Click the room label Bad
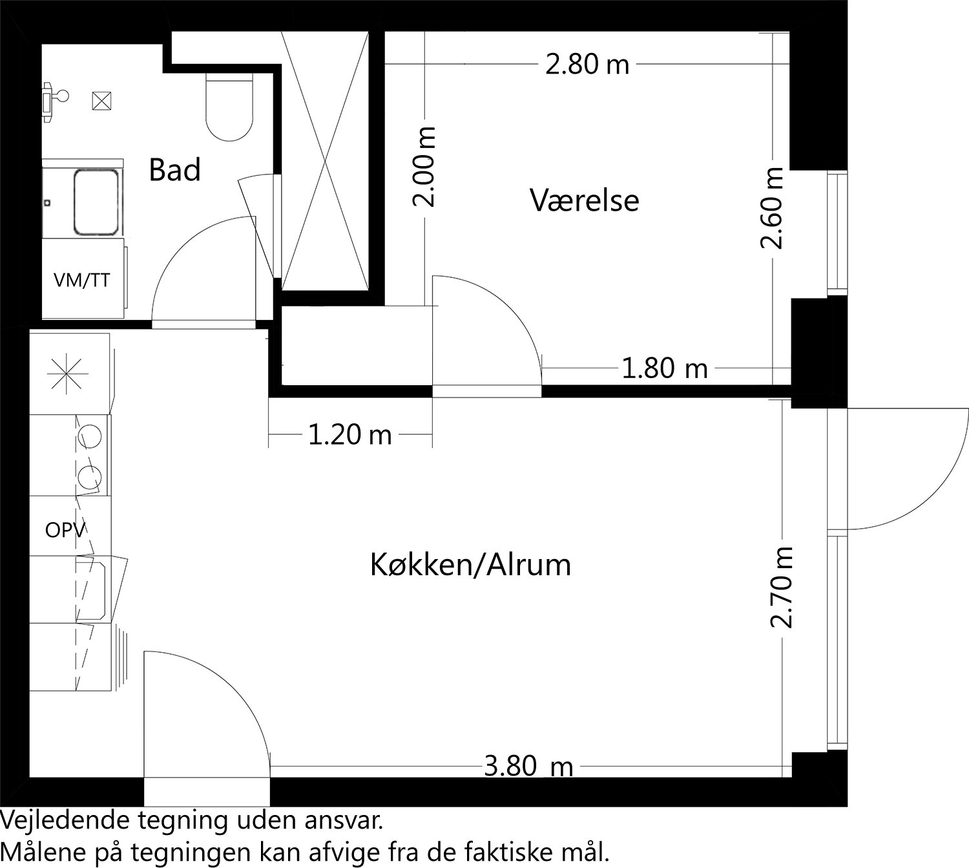pyautogui.click(x=174, y=170)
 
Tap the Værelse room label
pyautogui.click(x=585, y=200)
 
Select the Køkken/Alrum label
pyautogui.click(x=470, y=565)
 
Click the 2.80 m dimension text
pyautogui.click(x=587, y=65)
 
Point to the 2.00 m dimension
pyautogui.click(x=425, y=166)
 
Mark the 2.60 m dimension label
pyautogui.click(x=773, y=207)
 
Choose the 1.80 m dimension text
pyautogui.click(x=664, y=369)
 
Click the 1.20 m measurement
pyautogui.click(x=349, y=435)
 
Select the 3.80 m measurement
pyautogui.click(x=528, y=767)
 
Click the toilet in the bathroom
pyautogui.click(x=228, y=108)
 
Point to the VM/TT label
pyautogui.click(x=81, y=281)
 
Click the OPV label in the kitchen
pyautogui.click(x=65, y=531)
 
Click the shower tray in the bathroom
pyautogui.click(x=97, y=202)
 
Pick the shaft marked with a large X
pyautogui.click(x=326, y=162)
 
